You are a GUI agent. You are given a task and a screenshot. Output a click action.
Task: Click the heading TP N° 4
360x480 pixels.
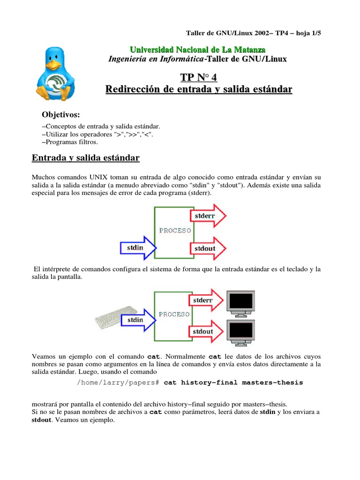tap(199, 77)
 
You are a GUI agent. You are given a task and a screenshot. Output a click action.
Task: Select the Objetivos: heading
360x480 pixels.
tap(61, 115)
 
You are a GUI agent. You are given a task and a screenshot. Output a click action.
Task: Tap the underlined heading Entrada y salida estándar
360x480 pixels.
tap(86, 158)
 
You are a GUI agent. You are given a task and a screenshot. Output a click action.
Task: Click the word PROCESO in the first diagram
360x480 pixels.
tap(175, 231)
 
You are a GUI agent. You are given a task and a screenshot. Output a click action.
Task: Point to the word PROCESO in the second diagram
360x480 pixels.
tap(174, 315)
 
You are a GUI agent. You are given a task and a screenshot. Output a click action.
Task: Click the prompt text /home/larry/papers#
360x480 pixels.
tap(119, 382)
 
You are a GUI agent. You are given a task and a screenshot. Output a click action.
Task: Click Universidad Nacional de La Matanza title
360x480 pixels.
tap(197, 50)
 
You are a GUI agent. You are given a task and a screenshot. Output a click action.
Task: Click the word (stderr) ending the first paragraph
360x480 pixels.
tap(198, 192)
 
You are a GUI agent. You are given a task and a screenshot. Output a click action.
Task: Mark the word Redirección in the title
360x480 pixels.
tap(135, 89)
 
